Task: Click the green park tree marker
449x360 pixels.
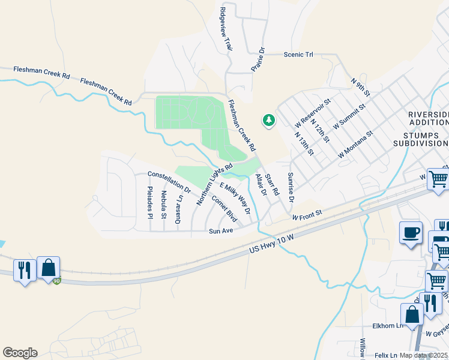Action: (268, 121)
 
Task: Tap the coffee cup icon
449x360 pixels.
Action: (411, 233)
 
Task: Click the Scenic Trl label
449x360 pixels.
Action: (298, 55)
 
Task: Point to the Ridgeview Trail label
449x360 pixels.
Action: (226, 28)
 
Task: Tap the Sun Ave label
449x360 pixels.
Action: (220, 230)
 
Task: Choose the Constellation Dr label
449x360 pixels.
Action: (169, 182)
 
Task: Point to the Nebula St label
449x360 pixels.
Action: (164, 204)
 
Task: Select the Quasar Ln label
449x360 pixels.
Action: (178, 206)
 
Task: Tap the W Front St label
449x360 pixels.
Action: (307, 214)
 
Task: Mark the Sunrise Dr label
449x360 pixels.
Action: (291, 187)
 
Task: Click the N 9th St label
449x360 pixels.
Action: (361, 88)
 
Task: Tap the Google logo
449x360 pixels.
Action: (20, 353)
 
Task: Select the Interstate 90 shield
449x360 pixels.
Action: (56, 281)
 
